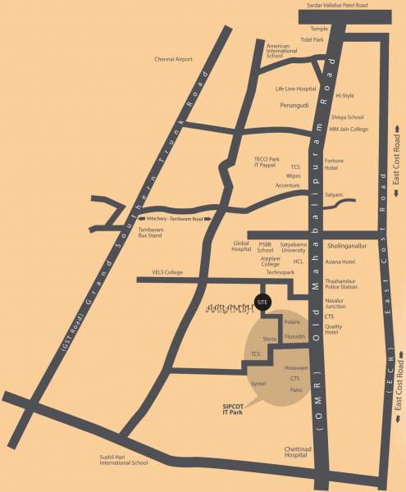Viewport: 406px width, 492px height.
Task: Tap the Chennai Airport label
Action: pyautogui.click(x=172, y=59)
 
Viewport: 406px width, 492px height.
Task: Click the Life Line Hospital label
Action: pyautogui.click(x=295, y=88)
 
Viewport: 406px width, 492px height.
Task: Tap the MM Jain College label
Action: pyautogui.click(x=349, y=129)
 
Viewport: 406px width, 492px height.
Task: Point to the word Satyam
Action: pyautogui.click(x=333, y=194)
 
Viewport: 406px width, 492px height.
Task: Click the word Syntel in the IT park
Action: pyautogui.click(x=259, y=384)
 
